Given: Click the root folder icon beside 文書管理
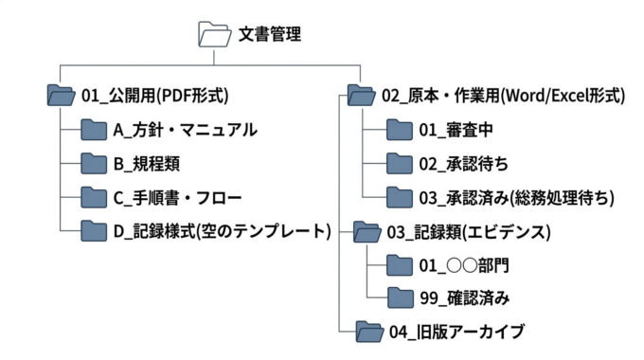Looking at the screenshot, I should (215, 35).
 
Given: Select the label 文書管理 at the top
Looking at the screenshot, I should (270, 35).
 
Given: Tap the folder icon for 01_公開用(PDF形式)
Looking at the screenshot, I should (61, 95).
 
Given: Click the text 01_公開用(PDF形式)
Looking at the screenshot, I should (155, 95).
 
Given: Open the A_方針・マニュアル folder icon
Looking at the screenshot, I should (94, 129).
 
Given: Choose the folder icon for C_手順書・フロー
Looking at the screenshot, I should (94, 198).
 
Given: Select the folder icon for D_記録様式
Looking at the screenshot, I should (94, 231).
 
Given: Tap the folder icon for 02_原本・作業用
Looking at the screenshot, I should (361, 95).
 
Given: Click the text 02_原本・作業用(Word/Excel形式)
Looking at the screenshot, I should (503, 95).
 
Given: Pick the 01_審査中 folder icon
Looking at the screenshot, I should (401, 129).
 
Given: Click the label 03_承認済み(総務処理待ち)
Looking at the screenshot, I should (516, 198).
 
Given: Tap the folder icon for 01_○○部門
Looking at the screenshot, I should (401, 265).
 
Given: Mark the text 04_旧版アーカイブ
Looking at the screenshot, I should (456, 332).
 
